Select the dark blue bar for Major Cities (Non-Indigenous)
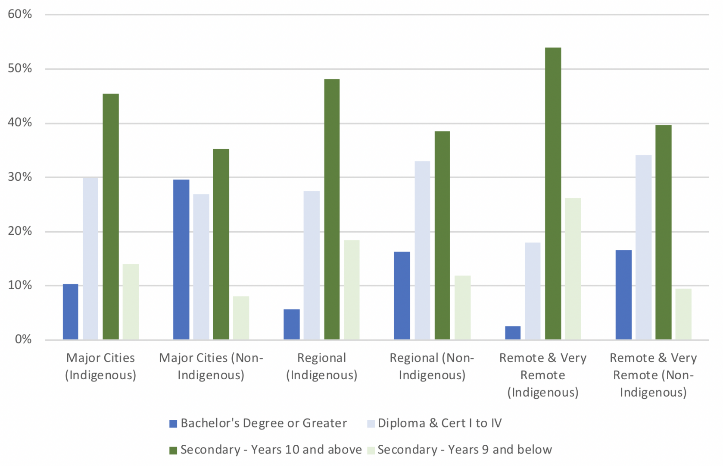pos(181,259)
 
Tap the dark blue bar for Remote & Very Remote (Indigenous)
pos(513,333)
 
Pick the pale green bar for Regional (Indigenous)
pos(352,290)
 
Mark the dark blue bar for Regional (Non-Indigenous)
pos(402,296)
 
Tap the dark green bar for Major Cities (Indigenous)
pos(111,216)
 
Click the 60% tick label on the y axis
pos(20,14)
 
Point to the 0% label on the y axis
pos(23,339)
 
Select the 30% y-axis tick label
pos(20,177)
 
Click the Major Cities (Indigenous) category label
pos(100,366)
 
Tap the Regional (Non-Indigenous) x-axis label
pos(432,366)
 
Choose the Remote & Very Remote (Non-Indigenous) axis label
pos(653,375)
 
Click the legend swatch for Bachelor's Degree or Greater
pos(173,424)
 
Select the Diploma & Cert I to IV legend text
pos(439,423)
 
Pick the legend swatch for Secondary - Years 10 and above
pos(173,450)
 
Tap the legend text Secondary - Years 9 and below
pos(464,450)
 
